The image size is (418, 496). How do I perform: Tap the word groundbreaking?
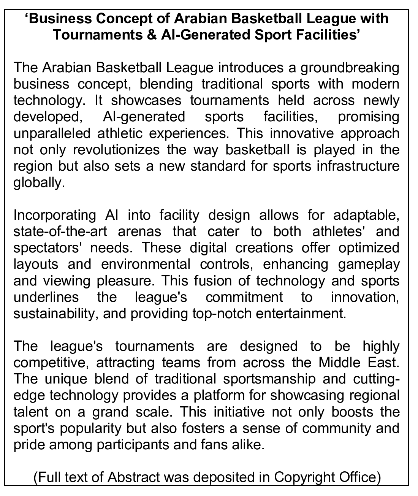(x=350, y=68)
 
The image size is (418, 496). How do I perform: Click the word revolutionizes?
(x=116, y=150)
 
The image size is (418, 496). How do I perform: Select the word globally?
(x=37, y=183)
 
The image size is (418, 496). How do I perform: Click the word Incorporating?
(x=55, y=215)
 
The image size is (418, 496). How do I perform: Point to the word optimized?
(x=369, y=248)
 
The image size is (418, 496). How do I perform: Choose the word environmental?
(x=146, y=264)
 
